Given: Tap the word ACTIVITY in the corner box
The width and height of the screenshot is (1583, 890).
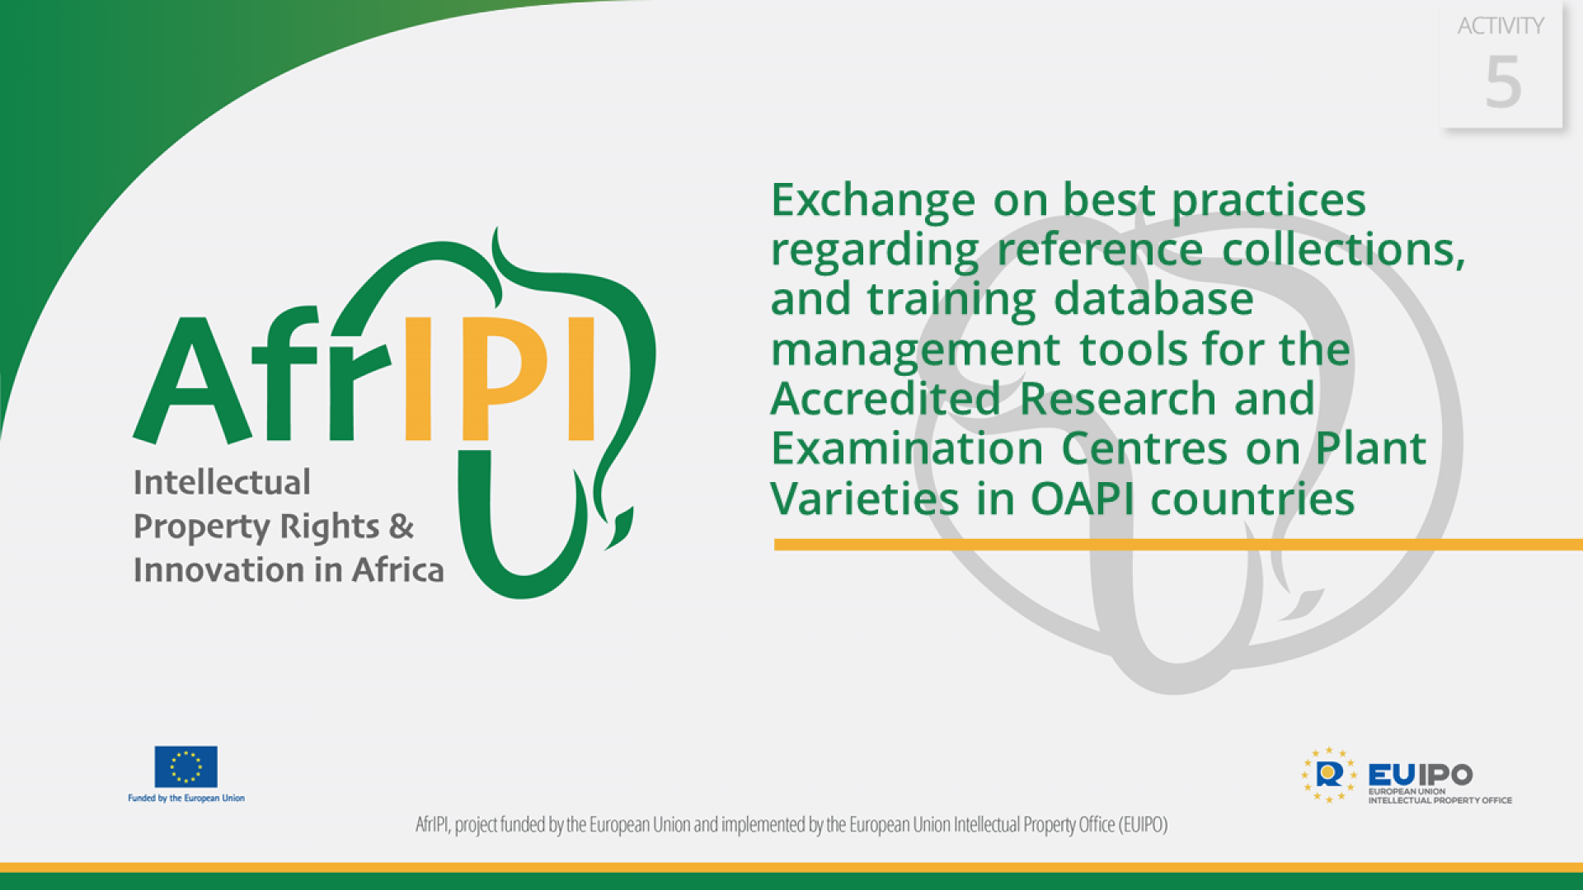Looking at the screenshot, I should pyautogui.click(x=1501, y=26).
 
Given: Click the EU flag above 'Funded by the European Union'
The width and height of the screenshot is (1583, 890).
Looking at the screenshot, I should pyautogui.click(x=186, y=766).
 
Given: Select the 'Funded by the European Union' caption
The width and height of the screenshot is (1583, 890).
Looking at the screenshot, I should pyautogui.click(x=186, y=798).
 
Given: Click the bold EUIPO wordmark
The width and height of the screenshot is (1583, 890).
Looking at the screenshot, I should pyautogui.click(x=1420, y=775).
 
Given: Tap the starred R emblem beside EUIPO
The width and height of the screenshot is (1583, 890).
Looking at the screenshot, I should pyautogui.click(x=1328, y=775).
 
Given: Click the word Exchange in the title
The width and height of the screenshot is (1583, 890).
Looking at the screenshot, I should pyautogui.click(x=873, y=199).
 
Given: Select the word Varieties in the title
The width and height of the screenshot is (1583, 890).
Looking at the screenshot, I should pyautogui.click(x=865, y=499).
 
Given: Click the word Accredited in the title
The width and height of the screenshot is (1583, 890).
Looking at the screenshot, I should pyautogui.click(x=885, y=399).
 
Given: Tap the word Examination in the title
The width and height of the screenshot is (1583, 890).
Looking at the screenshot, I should pyautogui.click(x=907, y=448).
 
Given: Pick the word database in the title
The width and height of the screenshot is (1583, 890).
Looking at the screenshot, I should pyautogui.click(x=1153, y=298).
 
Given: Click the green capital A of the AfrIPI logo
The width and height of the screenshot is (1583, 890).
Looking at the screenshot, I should pyautogui.click(x=191, y=381).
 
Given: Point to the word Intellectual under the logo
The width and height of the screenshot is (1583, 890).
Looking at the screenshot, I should pyautogui.click(x=222, y=482).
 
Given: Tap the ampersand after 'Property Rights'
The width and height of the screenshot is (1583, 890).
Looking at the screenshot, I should pyautogui.click(x=402, y=526).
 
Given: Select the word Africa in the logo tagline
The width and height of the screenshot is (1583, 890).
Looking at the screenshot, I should pyautogui.click(x=398, y=569).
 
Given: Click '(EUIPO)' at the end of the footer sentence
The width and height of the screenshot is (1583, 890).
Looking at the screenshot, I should pyautogui.click(x=1143, y=824).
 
